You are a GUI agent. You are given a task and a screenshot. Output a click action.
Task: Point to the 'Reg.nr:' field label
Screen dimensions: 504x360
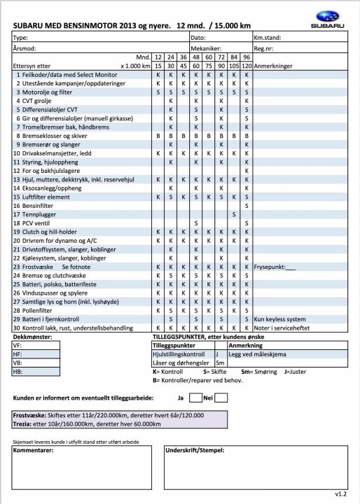pyautogui.click(x=264, y=49)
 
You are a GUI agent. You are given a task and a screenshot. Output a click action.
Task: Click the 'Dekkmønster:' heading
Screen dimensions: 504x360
pyautogui.click(x=34, y=337)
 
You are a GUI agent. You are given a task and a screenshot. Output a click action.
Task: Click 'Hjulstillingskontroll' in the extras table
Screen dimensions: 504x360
pyautogui.click(x=181, y=354)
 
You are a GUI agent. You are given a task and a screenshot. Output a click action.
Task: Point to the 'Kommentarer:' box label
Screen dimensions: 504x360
pyautogui.click(x=33, y=451)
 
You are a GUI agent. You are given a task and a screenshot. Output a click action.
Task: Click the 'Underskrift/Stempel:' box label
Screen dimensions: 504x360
pyautogui.click(x=193, y=451)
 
